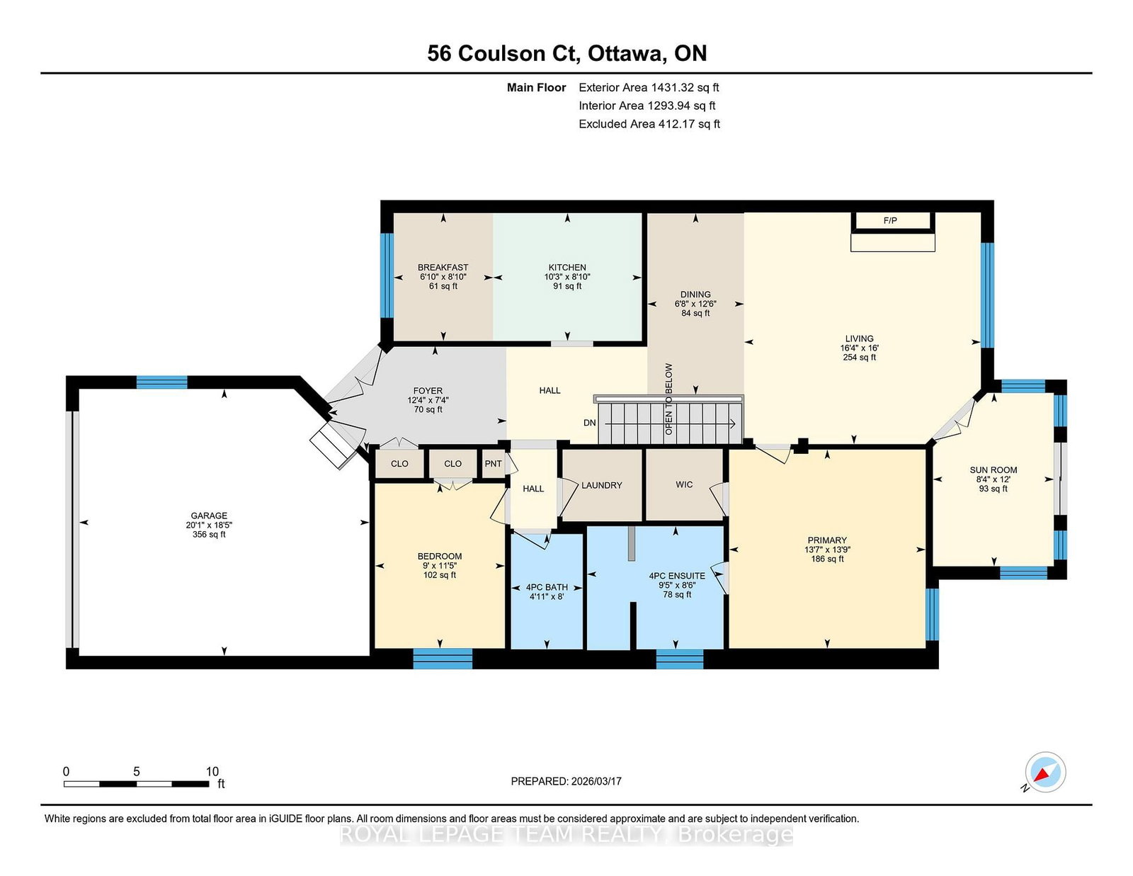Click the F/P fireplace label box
click(892, 221)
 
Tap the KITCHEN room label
click(567, 268)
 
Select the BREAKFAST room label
click(443, 268)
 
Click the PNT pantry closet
click(493, 464)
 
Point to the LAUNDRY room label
click(601, 485)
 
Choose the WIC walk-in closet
click(684, 484)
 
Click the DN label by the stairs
click(589, 423)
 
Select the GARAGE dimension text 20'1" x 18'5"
click(209, 525)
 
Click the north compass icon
click(1044, 773)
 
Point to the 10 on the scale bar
click(212, 771)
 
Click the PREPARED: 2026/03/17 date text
click(566, 781)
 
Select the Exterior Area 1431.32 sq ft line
click(649, 88)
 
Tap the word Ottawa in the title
click(626, 53)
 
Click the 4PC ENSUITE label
click(677, 576)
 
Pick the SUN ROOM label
click(993, 470)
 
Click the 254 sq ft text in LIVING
click(859, 358)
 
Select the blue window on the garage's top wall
click(161, 382)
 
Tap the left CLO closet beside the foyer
click(399, 464)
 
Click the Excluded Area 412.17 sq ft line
click(649, 124)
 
